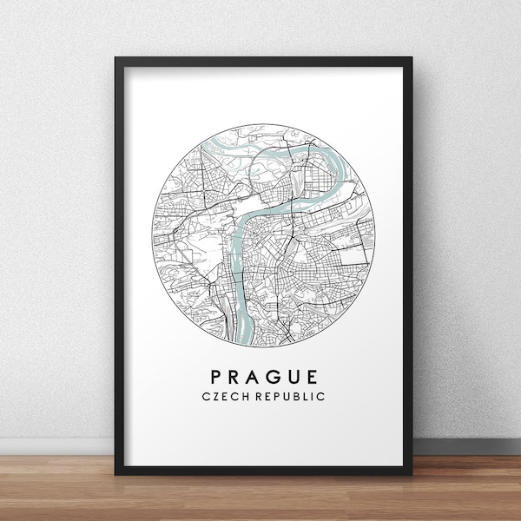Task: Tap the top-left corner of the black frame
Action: pos(116,58)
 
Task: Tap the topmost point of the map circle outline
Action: pos(265,122)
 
